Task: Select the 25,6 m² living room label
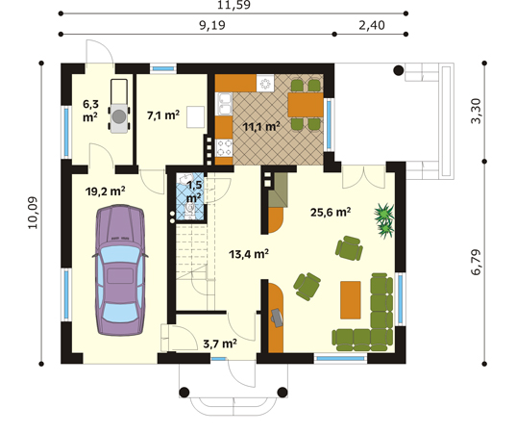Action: [329, 213]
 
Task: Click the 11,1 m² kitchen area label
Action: [260, 126]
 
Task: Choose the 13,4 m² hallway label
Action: [248, 255]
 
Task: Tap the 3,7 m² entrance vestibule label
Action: [220, 343]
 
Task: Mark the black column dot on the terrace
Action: [397, 70]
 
